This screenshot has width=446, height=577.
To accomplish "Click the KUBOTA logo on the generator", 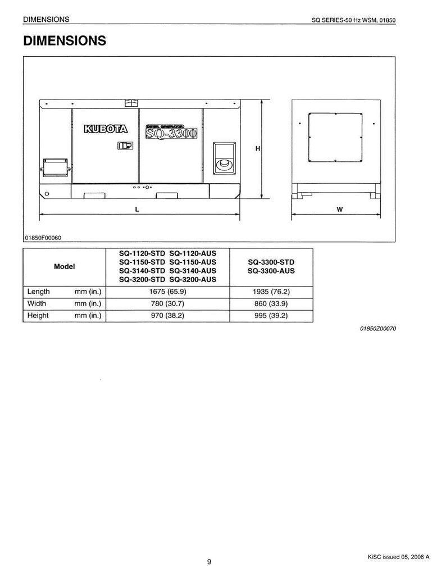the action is [106, 129].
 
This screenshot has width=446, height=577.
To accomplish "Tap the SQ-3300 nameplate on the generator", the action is [171, 131].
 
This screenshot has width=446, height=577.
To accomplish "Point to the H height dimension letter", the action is [258, 149].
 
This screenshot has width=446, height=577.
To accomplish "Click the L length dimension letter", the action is [137, 210].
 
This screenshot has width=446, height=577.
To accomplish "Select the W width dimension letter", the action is [340, 210].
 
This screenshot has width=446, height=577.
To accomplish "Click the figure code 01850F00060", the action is [43, 238].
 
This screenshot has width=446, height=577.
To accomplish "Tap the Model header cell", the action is [65, 266].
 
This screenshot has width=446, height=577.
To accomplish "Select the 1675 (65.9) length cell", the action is [167, 292].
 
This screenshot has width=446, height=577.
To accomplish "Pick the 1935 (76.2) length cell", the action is [271, 292].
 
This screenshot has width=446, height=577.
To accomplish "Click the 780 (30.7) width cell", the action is [167, 303].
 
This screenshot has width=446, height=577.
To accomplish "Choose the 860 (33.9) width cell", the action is [271, 303].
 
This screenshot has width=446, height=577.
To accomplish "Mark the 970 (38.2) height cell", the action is [167, 315].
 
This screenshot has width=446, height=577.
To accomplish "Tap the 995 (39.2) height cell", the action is [271, 315].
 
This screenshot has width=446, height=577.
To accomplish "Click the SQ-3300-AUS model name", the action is [271, 271].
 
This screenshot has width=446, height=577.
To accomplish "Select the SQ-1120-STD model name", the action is [142, 253].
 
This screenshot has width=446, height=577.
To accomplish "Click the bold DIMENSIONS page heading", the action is [65, 40].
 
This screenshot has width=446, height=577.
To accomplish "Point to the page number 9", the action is [209, 561].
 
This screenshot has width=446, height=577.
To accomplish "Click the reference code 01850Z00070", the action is [378, 329].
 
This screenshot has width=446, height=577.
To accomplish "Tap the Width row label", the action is [37, 303].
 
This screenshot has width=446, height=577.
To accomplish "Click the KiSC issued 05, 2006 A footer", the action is [398, 557].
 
